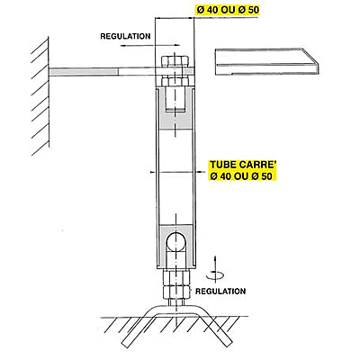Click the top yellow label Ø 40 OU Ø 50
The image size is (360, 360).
(228, 10)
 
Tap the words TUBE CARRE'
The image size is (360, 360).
(243, 165)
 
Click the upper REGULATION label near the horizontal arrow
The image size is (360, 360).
(125, 36)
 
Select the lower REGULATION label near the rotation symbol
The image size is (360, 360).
(220, 291)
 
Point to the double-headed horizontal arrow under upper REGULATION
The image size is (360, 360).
(150, 45)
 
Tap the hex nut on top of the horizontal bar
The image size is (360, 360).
(175, 61)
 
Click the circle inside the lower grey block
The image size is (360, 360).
(175, 241)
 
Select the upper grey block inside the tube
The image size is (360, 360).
(175, 108)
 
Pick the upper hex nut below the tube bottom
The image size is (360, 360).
(176, 276)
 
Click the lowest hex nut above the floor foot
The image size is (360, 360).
(176, 291)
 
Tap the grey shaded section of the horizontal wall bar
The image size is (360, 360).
(84, 72)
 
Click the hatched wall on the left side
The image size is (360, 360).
(40, 97)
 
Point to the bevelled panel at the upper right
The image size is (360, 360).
(266, 61)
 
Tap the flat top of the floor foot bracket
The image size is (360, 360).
(176, 309)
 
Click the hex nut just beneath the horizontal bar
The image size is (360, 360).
(175, 81)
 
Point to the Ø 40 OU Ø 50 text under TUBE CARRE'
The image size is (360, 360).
(241, 175)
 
